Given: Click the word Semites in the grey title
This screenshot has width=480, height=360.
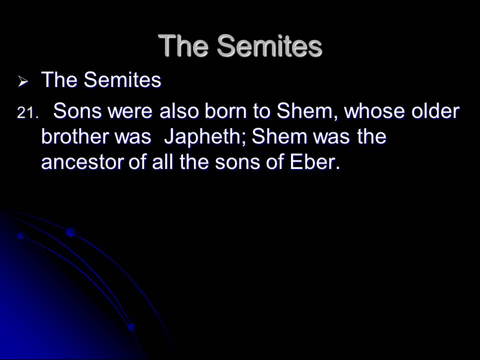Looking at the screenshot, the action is pyautogui.click(x=269, y=45).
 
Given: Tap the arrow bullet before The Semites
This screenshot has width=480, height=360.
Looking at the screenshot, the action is pyautogui.click(x=23, y=81).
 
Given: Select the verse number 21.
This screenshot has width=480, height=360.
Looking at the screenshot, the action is pyautogui.click(x=28, y=113).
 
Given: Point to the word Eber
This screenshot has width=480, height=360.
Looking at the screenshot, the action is pyautogui.click(x=314, y=161).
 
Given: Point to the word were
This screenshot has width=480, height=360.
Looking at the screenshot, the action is pyautogui.click(x=130, y=111).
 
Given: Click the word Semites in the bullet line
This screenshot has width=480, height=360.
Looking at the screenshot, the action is pyautogui.click(x=122, y=79).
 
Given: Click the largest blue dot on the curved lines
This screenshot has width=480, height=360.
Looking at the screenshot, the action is pyautogui.click(x=70, y=232).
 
